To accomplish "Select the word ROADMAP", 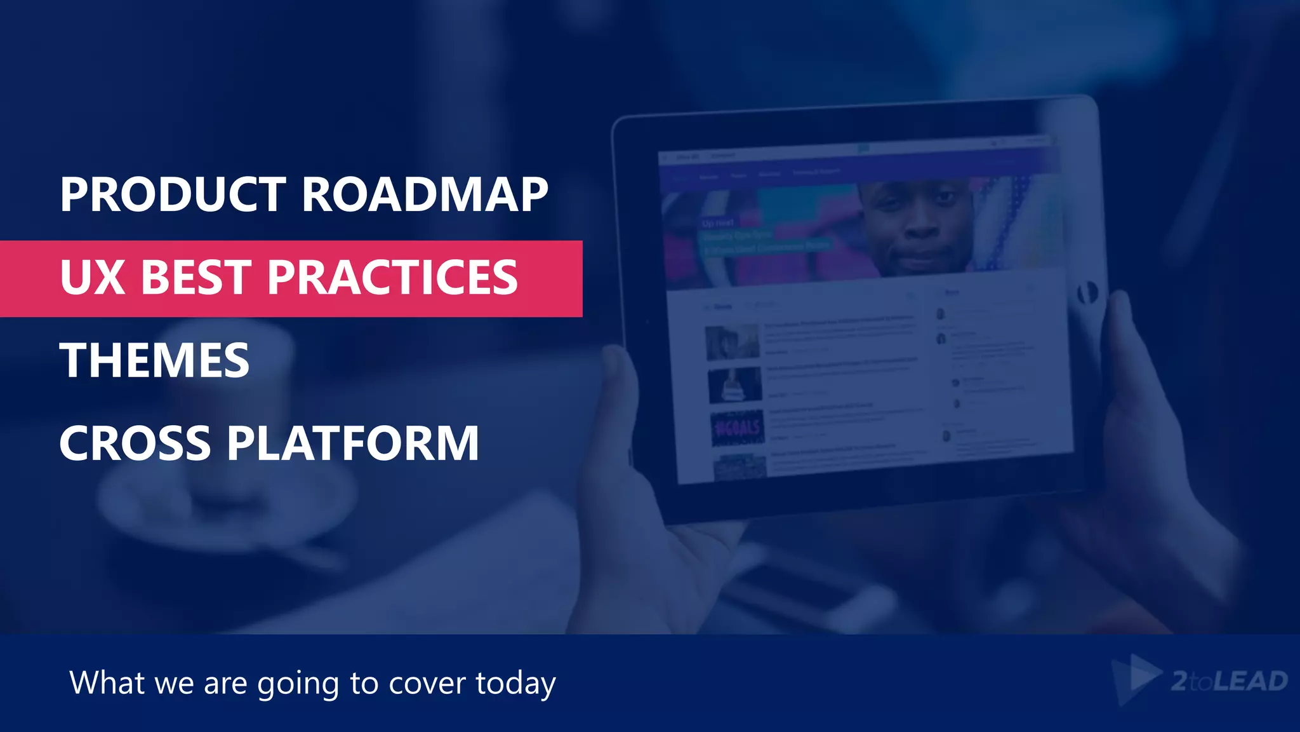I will pos(425,194).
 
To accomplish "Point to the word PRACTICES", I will pos(392,278).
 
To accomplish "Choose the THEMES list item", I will pos(154,360).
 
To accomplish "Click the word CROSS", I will pos(135,444).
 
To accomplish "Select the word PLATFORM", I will pos(353,444).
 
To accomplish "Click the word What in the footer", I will pos(107,682).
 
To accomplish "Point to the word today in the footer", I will pos(515,684).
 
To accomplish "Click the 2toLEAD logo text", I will pos(1229,681).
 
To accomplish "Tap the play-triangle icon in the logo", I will pos(1139,677).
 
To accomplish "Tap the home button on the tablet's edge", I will pos(1087,293).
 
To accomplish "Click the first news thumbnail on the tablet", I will pos(732,342).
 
